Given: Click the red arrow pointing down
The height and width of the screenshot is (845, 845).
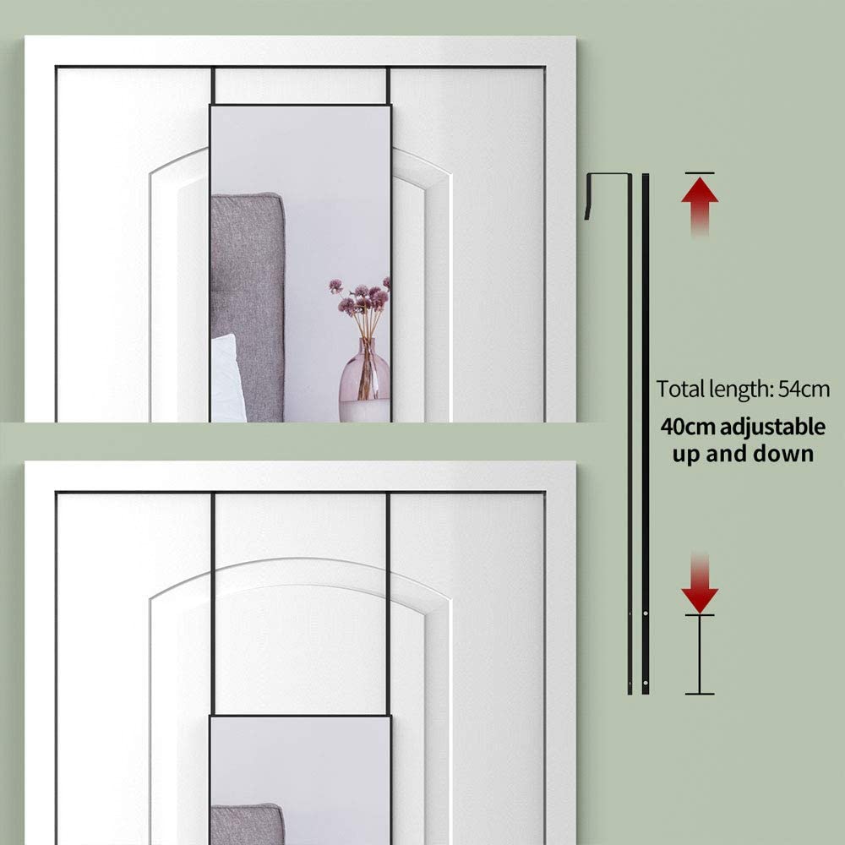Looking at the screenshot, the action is tap(700, 582).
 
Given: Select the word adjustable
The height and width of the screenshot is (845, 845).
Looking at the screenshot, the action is tap(772, 428).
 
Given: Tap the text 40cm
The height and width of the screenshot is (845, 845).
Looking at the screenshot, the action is tap(689, 427).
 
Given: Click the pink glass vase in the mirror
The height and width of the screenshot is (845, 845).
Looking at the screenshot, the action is tap(364, 380).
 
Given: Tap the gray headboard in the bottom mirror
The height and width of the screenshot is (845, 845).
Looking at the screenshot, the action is tap(248, 824).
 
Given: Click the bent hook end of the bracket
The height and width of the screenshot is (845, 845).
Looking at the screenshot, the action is tap(588, 197).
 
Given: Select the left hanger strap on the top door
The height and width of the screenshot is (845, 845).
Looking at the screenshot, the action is tap(214, 85).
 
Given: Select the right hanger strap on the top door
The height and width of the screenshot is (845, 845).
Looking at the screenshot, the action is tap(388, 85).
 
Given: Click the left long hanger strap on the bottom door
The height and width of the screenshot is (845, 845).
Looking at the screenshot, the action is tap(213, 604).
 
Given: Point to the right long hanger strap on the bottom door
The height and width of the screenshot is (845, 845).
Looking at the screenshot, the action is tap(388, 604).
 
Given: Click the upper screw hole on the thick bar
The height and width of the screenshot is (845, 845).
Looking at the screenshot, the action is tap(646, 613).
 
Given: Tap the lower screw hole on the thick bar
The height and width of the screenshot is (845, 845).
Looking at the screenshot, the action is tap(646, 684).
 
